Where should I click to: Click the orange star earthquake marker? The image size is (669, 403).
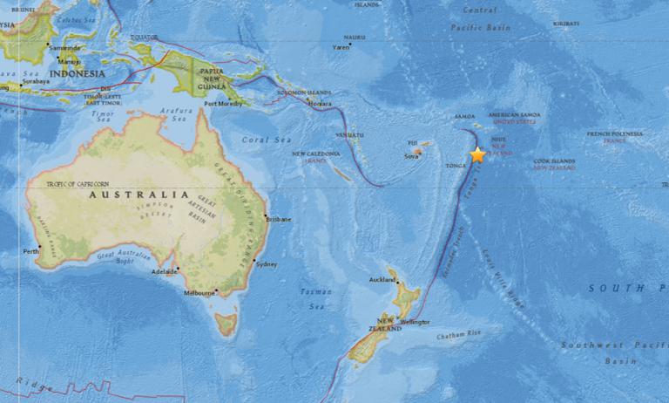point(477,155)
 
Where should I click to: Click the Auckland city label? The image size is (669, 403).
point(382,280)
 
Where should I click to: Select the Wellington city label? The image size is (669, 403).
point(415,321)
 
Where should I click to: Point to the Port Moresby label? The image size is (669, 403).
point(222,104)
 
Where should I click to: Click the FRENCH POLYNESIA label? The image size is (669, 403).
point(615,133)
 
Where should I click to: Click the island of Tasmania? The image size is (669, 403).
point(226,325)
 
